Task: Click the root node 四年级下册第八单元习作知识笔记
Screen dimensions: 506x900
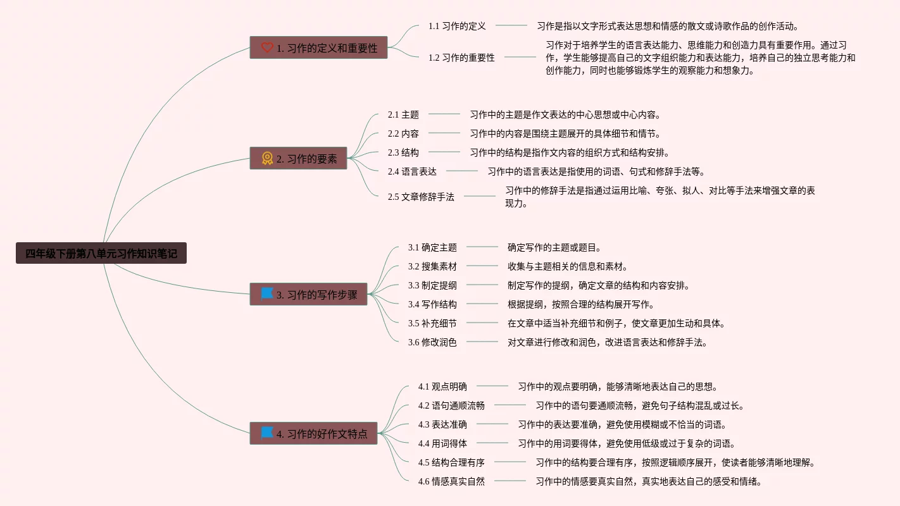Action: (x=101, y=254)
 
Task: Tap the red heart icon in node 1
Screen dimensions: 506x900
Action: (x=267, y=47)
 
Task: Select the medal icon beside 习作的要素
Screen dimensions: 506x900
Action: (x=267, y=158)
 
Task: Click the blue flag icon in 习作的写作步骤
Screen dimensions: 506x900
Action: (x=267, y=294)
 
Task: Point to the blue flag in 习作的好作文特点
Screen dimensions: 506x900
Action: (x=267, y=433)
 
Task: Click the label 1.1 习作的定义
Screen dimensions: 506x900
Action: (x=457, y=26)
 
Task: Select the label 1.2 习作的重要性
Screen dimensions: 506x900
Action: (x=461, y=58)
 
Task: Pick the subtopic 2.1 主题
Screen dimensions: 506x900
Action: (x=403, y=114)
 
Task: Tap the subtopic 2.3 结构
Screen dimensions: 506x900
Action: (x=403, y=152)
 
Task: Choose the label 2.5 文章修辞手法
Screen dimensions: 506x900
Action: (x=421, y=197)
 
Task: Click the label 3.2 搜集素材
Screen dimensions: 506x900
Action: (x=432, y=266)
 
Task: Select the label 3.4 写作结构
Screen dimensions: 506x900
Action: (x=432, y=304)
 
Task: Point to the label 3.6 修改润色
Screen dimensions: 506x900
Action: (x=432, y=342)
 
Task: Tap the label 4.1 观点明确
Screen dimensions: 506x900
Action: (x=442, y=386)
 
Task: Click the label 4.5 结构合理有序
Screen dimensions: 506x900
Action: (x=451, y=462)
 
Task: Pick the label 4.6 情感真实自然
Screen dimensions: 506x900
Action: (x=451, y=481)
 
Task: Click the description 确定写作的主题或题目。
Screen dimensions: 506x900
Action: (x=554, y=247)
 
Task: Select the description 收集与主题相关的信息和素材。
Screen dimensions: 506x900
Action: (x=568, y=266)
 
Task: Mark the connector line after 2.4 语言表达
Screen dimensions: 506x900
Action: (x=462, y=171)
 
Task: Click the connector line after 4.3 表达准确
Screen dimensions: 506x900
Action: (x=492, y=424)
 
